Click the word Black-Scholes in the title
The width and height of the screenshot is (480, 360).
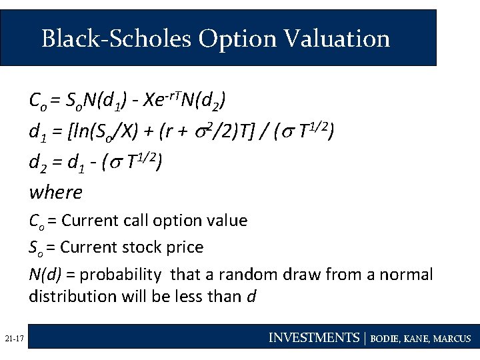[x=116, y=39]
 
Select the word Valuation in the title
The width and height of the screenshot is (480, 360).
[x=337, y=39]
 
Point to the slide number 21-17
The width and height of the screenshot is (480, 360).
[x=14, y=339]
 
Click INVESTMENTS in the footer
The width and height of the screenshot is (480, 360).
[x=313, y=338]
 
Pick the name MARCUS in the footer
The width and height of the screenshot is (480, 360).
[x=453, y=339]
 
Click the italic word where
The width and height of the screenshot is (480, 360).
[x=55, y=193]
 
